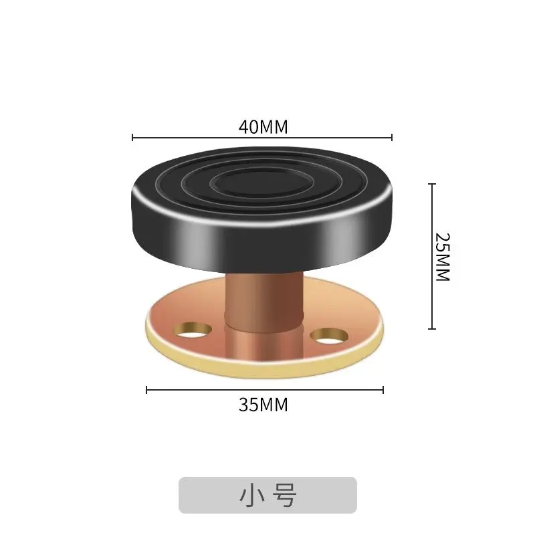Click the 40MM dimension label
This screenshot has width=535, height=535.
[x=263, y=126]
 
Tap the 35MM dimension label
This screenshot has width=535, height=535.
[x=263, y=405]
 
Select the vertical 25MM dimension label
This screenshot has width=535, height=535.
[x=443, y=257]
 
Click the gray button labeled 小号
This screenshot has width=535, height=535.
[x=267, y=495]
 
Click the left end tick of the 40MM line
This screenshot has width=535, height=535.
[x=133, y=138]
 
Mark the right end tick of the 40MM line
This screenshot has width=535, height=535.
[x=391, y=138]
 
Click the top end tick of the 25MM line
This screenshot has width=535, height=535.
[x=432, y=184]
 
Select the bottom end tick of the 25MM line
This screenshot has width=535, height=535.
[x=432, y=328]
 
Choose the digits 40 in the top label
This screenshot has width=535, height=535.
[x=248, y=126]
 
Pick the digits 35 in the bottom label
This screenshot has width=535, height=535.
[x=248, y=405]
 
